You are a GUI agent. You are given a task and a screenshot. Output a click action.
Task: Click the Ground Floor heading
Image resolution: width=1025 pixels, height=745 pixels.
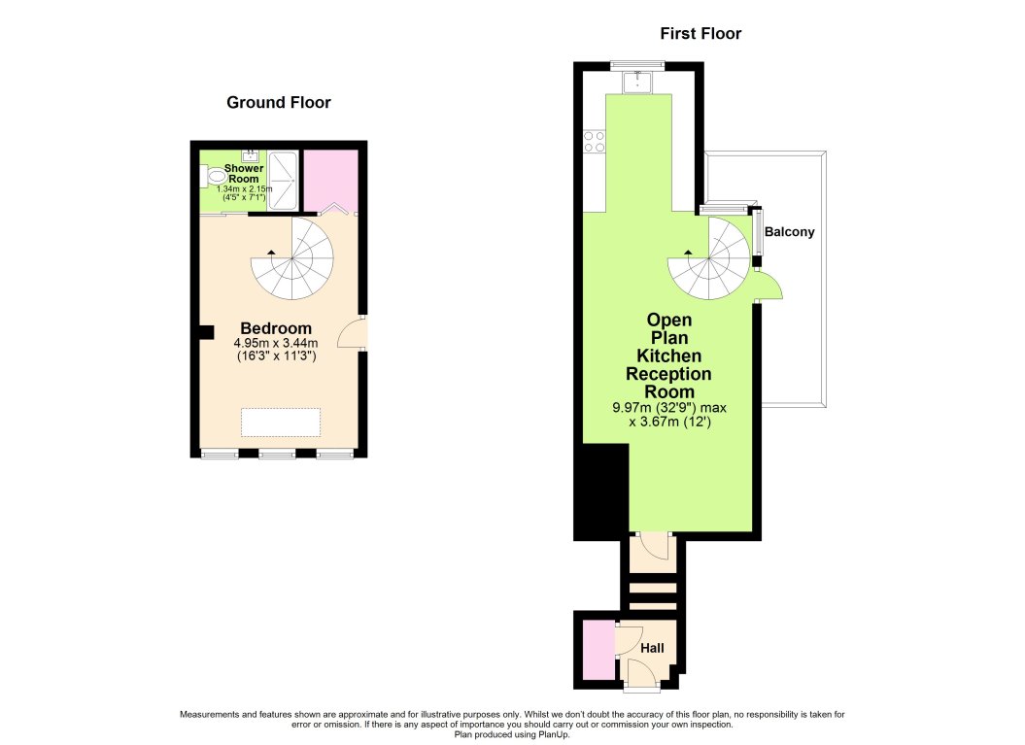click(279, 103)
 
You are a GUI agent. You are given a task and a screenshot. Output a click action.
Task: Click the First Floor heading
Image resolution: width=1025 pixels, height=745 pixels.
click(700, 33)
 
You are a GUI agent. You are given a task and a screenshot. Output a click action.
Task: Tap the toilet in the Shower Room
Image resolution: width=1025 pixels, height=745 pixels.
click(215, 175)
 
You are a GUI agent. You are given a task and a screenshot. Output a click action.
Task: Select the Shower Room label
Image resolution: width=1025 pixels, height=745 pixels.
click(244, 173)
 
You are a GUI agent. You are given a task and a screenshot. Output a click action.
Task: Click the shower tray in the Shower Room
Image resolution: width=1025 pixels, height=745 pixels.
click(283, 181)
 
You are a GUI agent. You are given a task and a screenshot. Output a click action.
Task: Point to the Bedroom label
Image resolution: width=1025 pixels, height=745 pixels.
click(276, 328)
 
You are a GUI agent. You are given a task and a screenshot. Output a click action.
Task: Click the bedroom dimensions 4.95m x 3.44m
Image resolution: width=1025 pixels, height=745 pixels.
click(276, 343)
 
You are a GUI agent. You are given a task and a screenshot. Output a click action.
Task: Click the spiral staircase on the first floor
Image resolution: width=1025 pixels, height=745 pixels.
click(708, 258)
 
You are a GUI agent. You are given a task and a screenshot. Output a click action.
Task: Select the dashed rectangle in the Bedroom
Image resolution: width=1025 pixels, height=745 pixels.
click(281, 423)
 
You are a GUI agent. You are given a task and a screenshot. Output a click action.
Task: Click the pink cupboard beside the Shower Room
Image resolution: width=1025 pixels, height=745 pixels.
click(330, 181)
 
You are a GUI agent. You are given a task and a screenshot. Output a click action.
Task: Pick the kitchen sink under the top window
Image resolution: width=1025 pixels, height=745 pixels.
click(636, 83)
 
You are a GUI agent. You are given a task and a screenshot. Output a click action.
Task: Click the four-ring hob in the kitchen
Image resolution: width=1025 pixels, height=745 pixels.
click(595, 141)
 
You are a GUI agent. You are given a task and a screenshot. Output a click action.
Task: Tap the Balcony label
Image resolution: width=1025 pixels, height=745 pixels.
click(789, 232)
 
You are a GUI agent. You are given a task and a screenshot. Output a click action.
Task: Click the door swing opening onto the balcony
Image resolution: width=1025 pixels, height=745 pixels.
click(769, 285)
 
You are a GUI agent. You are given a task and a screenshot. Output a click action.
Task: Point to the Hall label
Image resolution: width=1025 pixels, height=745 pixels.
click(652, 648)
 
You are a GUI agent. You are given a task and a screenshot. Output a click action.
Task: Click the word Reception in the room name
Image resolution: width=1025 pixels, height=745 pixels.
click(668, 374)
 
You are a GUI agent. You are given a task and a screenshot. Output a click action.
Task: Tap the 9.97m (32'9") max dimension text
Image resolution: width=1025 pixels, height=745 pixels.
click(669, 408)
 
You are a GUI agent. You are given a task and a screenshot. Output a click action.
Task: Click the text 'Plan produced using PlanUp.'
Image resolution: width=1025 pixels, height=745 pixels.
click(512, 734)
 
